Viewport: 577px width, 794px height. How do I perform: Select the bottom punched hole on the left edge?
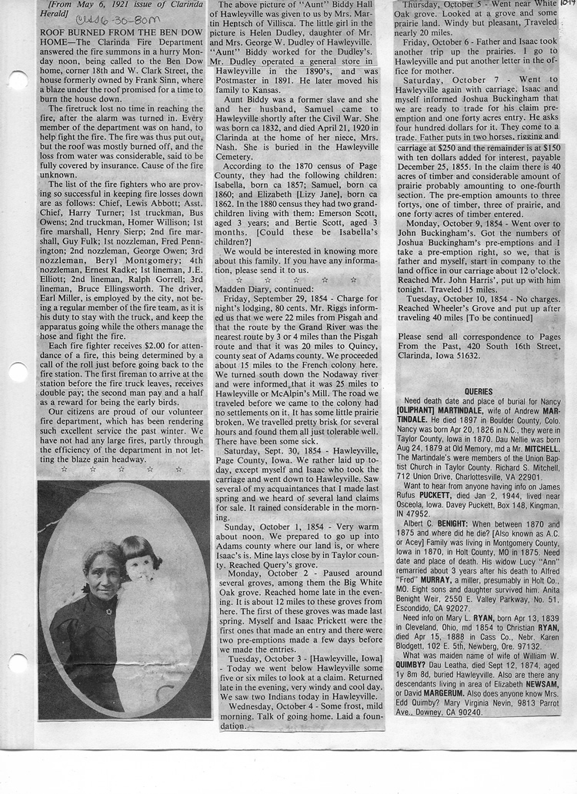[17, 663]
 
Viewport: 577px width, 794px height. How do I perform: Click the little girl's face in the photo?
[136, 567]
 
